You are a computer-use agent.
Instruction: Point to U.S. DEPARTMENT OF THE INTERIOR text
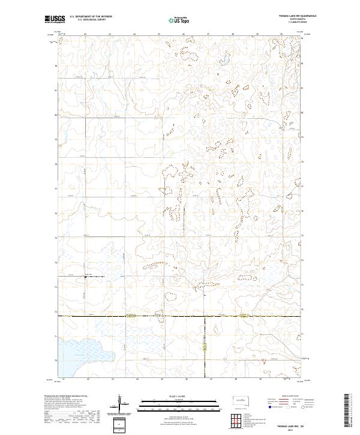click(x=91, y=17)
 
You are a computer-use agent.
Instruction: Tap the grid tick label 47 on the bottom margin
click(x=208, y=379)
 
